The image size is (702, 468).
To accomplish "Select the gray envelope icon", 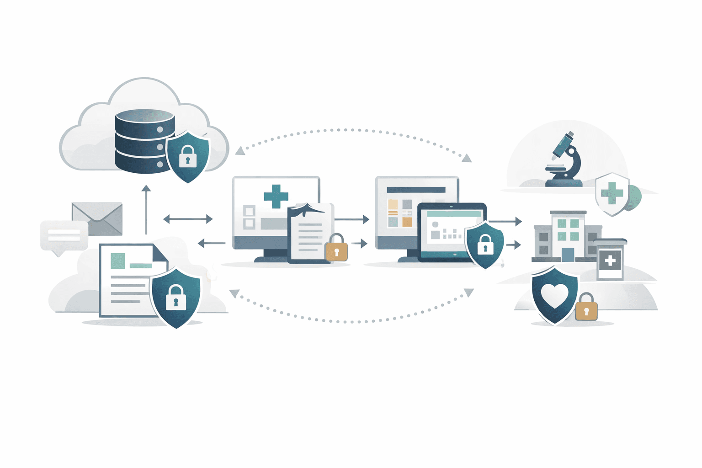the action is [x=97, y=218].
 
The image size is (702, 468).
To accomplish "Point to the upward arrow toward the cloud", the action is [x=146, y=208].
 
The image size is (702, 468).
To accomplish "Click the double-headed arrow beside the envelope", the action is [x=188, y=219].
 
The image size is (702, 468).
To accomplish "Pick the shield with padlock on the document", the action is [x=175, y=297].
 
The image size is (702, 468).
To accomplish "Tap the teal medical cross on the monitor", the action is [x=276, y=196].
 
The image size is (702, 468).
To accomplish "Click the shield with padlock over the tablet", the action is [x=484, y=245].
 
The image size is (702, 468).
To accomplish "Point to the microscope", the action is [x=565, y=160].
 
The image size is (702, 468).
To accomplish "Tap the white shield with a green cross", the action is [x=612, y=194].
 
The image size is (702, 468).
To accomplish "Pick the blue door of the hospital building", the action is [x=568, y=255].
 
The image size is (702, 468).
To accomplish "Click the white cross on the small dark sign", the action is [x=610, y=261].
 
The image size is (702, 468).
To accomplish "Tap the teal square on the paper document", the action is [x=117, y=261].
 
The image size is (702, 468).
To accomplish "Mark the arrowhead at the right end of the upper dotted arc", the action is [x=467, y=159].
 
